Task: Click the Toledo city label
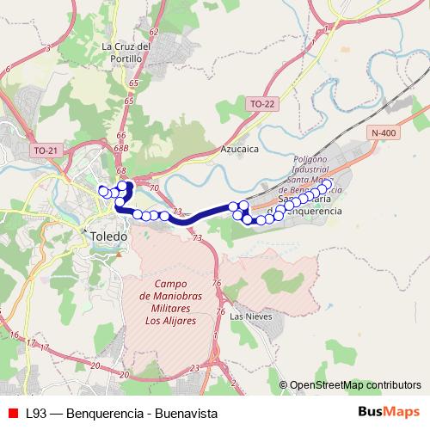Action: (x=108, y=235)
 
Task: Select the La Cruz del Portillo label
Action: (x=126, y=52)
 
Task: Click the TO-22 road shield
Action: (x=262, y=104)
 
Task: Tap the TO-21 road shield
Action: (x=46, y=150)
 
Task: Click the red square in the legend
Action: (x=13, y=413)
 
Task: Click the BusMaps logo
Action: (x=388, y=413)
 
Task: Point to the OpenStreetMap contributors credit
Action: (x=355, y=385)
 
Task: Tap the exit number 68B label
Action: (x=120, y=148)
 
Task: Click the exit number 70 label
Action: (x=154, y=187)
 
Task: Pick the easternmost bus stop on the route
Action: (x=327, y=184)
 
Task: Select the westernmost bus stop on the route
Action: (x=102, y=189)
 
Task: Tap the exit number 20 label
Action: (x=95, y=365)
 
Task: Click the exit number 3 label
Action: (x=48, y=48)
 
